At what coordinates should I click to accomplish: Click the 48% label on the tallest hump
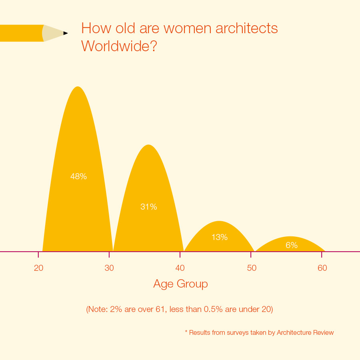pyautogui.click(x=78, y=176)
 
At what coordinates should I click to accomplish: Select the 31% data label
pyautogui.click(x=149, y=207)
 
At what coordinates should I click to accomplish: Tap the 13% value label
pyautogui.click(x=220, y=237)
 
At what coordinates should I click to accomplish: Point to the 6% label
pyautogui.click(x=292, y=245)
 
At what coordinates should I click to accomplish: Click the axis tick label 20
pyautogui.click(x=38, y=268)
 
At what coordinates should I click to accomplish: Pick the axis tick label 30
pyautogui.click(x=109, y=268)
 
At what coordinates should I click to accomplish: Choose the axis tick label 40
pyautogui.click(x=180, y=268)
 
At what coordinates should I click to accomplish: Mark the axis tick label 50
pyautogui.click(x=252, y=268)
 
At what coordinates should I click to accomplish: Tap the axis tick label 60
pyautogui.click(x=322, y=268)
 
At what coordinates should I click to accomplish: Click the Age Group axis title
pyautogui.click(x=180, y=284)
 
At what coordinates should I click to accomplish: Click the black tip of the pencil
pyautogui.click(x=66, y=33)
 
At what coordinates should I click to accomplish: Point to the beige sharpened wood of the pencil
pyautogui.click(x=52, y=33)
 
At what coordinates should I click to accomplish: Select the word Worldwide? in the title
pyautogui.click(x=119, y=46)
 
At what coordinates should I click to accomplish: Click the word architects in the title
pyautogui.click(x=247, y=28)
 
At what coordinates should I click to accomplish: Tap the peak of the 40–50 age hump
pyautogui.click(x=220, y=221)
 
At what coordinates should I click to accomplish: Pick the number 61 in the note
pyautogui.click(x=160, y=309)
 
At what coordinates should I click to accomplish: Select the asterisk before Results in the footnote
pyautogui.click(x=186, y=332)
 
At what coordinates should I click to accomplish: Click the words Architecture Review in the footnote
pyautogui.click(x=305, y=333)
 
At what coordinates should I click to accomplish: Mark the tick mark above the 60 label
pyautogui.click(x=322, y=255)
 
